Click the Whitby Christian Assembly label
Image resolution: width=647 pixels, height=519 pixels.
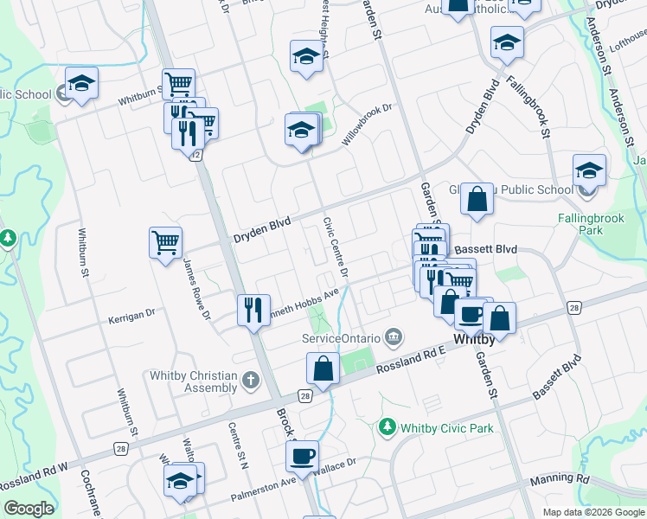point(193,381)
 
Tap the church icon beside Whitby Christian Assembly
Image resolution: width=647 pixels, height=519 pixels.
point(250,380)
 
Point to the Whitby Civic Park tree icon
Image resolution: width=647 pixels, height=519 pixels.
point(387,427)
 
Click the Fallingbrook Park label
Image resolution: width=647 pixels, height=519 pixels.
point(591,225)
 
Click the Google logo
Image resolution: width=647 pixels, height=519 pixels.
point(28,509)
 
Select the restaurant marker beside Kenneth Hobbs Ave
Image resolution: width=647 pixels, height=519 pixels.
point(253,309)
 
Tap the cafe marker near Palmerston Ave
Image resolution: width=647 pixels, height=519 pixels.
point(302,455)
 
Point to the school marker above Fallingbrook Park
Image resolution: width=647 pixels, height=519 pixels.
point(588,170)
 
